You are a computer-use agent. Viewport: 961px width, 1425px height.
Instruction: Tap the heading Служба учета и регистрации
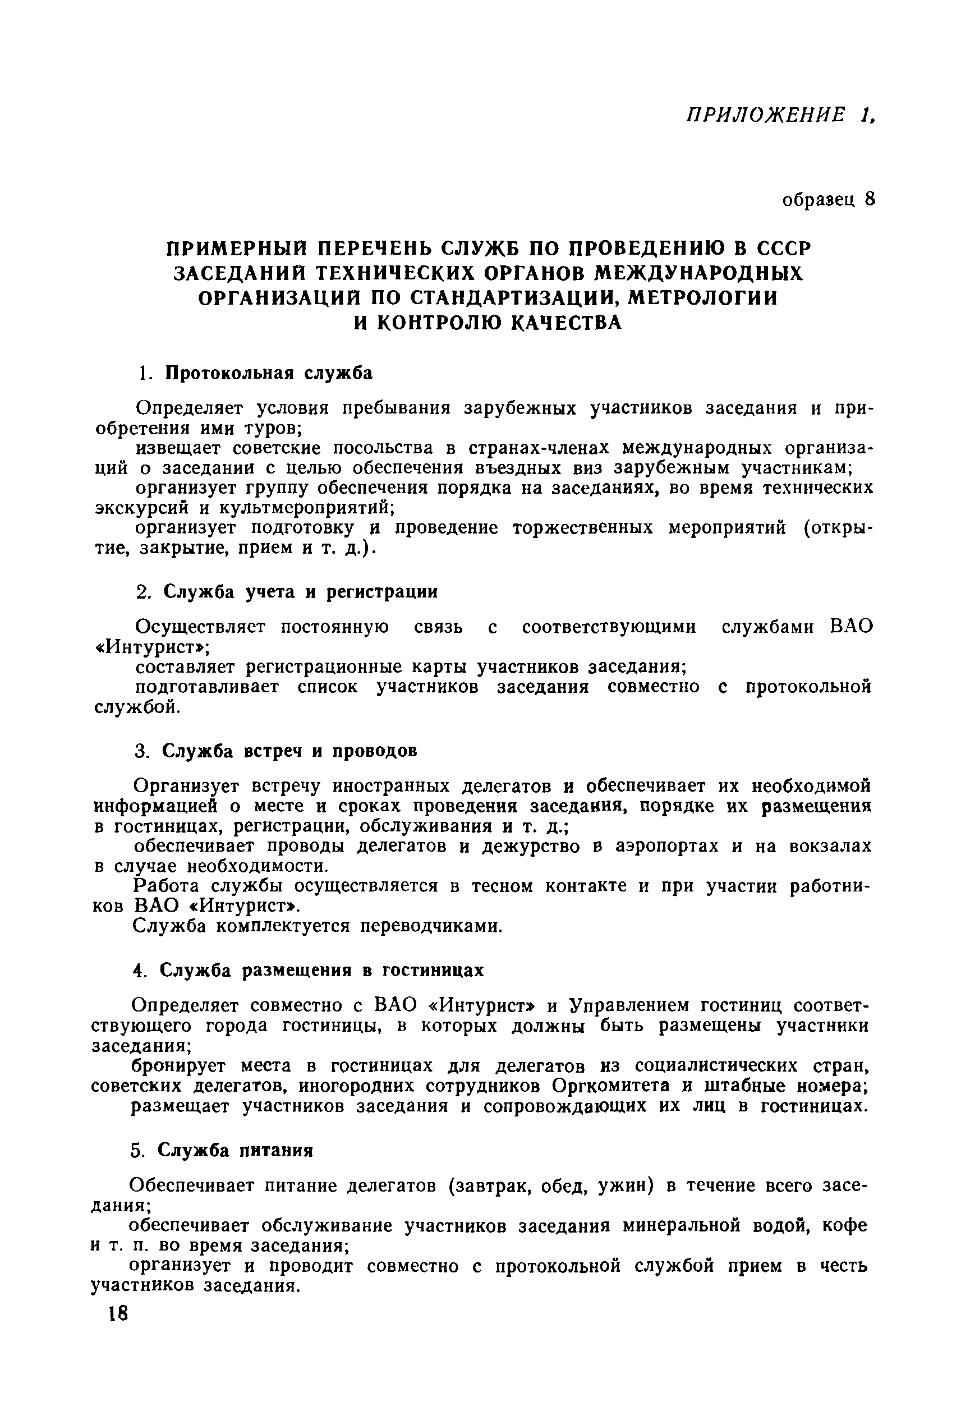pyautogui.click(x=300, y=592)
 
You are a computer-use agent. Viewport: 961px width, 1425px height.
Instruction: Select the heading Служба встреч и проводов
pyautogui.click(x=289, y=751)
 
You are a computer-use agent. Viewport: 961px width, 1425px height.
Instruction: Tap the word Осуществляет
pyautogui.click(x=200, y=627)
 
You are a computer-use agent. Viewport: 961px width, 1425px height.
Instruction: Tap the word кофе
pyautogui.click(x=844, y=1226)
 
